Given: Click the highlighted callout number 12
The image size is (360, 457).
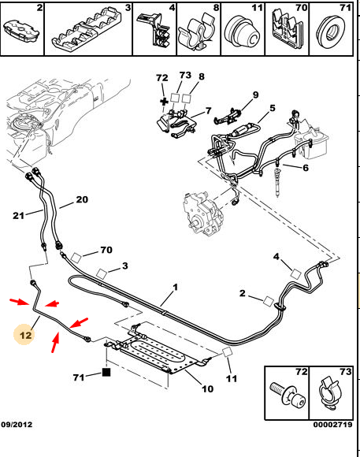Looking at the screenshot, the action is tap(25, 335).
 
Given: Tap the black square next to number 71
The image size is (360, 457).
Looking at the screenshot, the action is tap(106, 372).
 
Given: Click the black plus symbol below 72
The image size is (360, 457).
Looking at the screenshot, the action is tap(164, 102).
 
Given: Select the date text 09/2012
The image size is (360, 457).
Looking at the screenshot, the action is tap(17, 424).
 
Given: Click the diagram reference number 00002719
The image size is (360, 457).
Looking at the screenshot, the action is tap(332, 425).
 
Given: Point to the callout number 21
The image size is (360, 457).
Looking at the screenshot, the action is tap(18, 216).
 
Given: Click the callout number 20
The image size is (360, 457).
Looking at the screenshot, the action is tap(82, 199).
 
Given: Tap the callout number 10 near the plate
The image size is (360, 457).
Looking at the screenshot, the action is tap(207, 388).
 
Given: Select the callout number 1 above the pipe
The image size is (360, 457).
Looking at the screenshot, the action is tap(175, 288).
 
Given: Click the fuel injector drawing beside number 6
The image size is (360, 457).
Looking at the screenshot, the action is tap(277, 180).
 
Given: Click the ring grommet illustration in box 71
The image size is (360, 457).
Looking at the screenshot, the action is tap(330, 32).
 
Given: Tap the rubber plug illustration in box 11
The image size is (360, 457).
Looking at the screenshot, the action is tap(242, 32).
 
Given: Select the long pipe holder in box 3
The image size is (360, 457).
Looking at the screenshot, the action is tap(87, 29).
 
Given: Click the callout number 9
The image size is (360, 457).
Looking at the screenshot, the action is tap(255, 95).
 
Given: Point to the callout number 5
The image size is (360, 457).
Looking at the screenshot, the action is tap(273, 108).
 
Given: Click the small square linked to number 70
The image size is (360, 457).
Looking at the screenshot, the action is tap(76, 258).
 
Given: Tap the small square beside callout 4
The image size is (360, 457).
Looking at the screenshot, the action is tap(296, 273).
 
